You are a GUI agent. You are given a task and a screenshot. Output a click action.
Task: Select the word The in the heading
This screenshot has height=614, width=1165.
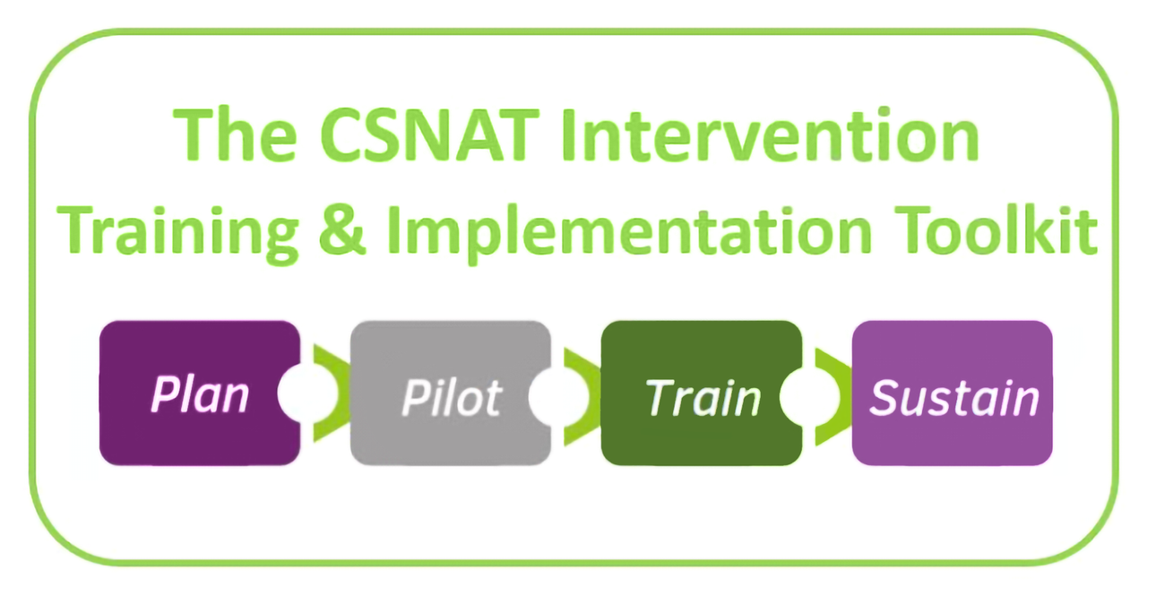point(235,137)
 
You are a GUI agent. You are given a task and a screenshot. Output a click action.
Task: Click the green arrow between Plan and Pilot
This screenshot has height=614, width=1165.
point(329,393)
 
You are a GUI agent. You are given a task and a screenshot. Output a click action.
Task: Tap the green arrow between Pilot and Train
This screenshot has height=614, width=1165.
point(580,394)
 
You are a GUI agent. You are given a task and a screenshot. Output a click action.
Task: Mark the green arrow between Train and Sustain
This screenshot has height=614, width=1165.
point(831,394)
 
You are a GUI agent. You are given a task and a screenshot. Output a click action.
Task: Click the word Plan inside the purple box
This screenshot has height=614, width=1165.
point(198,394)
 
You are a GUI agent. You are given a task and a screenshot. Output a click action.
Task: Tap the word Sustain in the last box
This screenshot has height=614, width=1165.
point(954,397)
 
